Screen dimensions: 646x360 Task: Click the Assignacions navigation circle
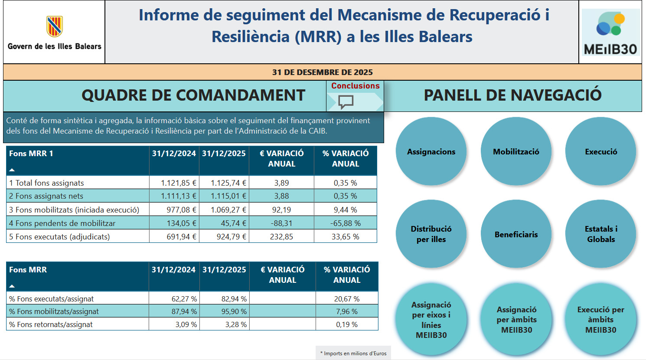click(x=431, y=151)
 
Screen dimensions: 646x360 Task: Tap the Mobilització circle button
click(x=516, y=151)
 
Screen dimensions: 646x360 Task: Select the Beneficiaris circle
click(x=516, y=234)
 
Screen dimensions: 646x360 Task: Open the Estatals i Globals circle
click(x=601, y=234)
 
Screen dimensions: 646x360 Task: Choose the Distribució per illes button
click(x=431, y=234)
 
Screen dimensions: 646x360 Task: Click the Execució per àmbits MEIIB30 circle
click(x=601, y=319)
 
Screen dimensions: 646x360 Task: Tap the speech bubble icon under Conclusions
click(x=346, y=102)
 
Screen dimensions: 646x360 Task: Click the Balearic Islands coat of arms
click(x=55, y=26)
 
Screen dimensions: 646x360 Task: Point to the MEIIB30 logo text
click(x=610, y=49)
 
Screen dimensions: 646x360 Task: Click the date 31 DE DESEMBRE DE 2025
click(x=323, y=72)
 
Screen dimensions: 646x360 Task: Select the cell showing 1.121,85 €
click(x=179, y=183)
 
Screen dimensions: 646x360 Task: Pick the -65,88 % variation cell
click(x=345, y=223)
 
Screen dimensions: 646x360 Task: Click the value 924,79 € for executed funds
click(x=231, y=236)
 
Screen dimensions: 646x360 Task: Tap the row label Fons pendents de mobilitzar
click(x=62, y=223)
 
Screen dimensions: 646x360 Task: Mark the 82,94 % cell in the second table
click(x=234, y=299)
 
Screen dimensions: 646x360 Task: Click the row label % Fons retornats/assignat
click(x=51, y=324)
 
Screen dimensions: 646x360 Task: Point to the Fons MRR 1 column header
click(x=31, y=154)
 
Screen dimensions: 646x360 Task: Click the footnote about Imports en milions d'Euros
click(x=353, y=353)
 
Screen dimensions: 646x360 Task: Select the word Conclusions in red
click(x=356, y=86)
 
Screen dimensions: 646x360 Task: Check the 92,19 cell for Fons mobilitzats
click(x=281, y=210)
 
